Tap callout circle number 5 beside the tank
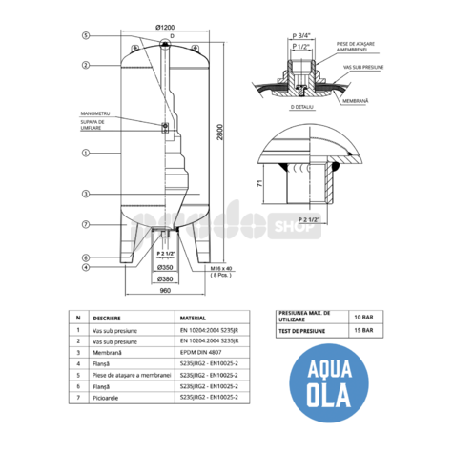click(x=85, y=34)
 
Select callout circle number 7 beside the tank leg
click(x=85, y=224)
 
